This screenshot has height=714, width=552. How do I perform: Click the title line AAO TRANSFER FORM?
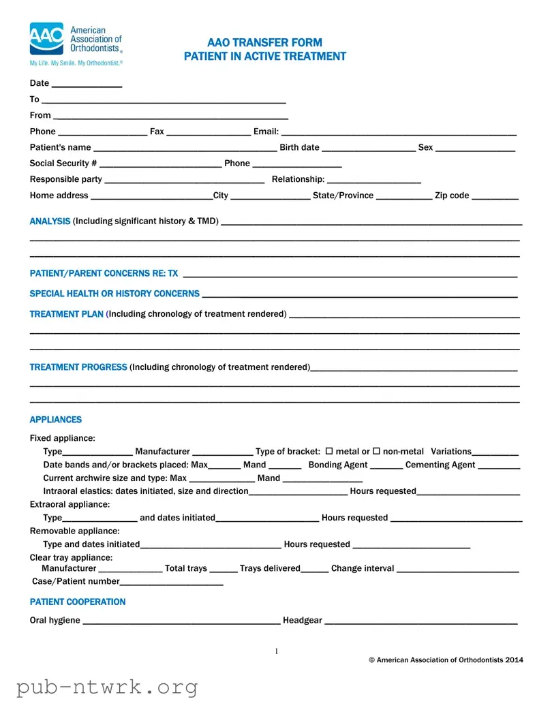pos(264,42)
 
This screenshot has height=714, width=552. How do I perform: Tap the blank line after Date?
pos(87,84)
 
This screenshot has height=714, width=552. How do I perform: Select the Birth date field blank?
pos(368,149)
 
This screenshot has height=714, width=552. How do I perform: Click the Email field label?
pos(266,131)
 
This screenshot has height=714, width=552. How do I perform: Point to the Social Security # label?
pos(63,164)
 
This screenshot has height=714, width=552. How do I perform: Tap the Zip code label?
pos(452,196)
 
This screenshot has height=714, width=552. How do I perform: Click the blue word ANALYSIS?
pos(50,221)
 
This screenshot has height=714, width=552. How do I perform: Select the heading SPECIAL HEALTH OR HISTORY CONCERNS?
pos(114,294)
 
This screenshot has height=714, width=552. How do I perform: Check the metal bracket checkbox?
pos(329,451)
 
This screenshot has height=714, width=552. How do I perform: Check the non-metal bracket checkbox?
pos(376,451)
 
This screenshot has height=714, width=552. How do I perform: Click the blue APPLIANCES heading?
pos(55,420)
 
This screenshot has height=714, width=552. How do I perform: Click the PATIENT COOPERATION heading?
pos(78,602)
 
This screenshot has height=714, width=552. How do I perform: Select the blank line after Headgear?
pos(420,621)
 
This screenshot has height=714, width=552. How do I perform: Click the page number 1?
pos(276,652)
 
